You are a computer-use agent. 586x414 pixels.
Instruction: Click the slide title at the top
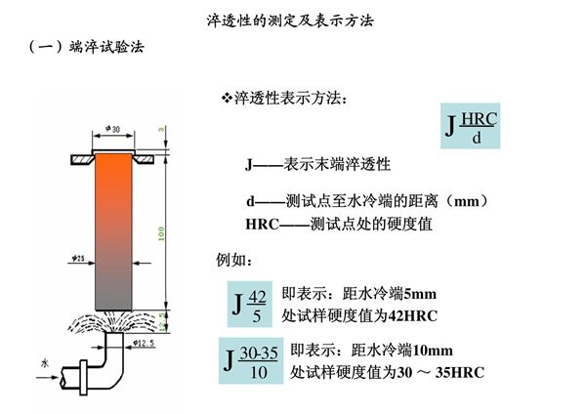coord(292,19)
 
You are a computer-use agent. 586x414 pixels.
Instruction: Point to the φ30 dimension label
coord(111,128)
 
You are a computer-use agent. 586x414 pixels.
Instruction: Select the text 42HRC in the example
coord(416,316)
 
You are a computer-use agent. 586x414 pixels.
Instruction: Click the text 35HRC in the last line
coord(463,374)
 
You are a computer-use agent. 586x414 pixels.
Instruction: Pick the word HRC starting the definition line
coord(263,224)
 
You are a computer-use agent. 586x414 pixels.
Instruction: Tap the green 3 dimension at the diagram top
coord(162,128)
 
